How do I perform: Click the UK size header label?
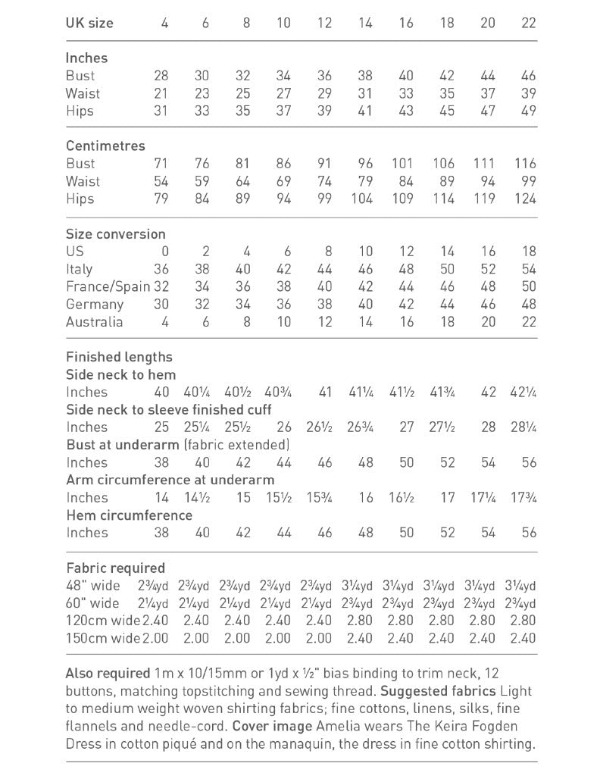pos(89,23)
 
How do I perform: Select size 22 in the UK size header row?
pos(528,23)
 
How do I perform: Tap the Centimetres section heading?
pos(105,145)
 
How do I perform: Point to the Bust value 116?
pos(523,163)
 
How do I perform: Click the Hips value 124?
pos(523,199)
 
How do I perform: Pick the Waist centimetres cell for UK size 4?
pos(161,181)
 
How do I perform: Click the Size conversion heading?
pos(115,234)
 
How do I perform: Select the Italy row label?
pos(80,269)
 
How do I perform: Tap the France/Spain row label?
pos(108,286)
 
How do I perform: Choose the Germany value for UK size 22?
pos(528,304)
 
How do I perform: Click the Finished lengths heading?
pos(119,357)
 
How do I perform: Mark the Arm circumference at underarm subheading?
pos(170,480)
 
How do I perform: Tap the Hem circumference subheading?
pos(129,515)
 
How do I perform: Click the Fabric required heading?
pos(115,568)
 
